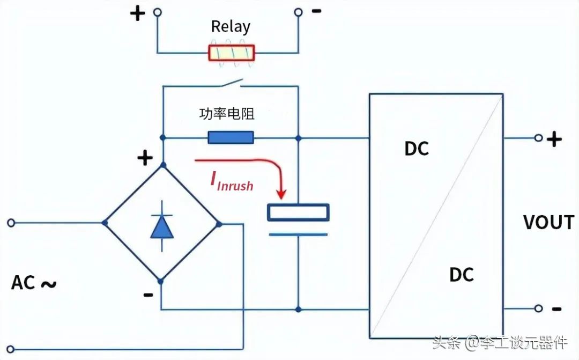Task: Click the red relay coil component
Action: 232,53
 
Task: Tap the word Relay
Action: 231,27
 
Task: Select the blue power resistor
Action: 231,137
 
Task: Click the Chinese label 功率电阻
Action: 227,114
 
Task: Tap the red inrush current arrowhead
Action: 281,194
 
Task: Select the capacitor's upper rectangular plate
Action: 298,212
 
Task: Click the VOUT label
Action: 548,223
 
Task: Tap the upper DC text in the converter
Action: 417,149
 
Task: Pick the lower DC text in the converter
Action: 461,275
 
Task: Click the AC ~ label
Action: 34,283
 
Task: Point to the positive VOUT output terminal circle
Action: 538,138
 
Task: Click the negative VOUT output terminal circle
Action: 538,308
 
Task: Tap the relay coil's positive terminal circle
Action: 157,12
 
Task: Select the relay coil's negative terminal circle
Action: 298,12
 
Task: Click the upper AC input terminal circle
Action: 11,223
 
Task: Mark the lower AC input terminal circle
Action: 10,349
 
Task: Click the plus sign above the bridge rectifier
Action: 145,158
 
